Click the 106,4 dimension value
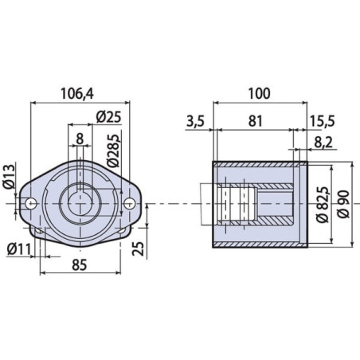coord(77,93)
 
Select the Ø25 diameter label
coord(108,117)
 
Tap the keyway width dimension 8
coord(80,139)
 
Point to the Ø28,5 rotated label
coord(113,151)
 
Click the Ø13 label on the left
coord(9,176)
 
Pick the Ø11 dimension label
coord(19,249)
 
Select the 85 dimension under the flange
coord(80,265)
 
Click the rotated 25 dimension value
coord(139,248)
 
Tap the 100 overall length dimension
coord(259,93)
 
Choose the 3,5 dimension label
coord(195,121)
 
